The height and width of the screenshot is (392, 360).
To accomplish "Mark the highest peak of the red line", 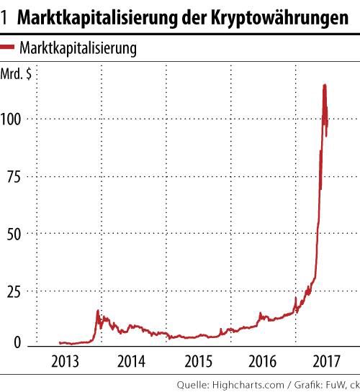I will (325, 86).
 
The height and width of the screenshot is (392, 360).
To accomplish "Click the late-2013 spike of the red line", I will (98, 311).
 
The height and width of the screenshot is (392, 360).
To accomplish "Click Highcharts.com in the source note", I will (244, 383).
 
